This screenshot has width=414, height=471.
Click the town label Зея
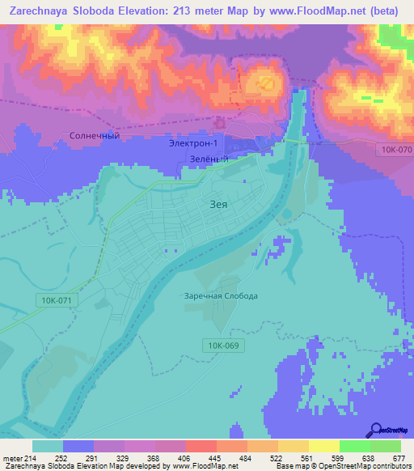click(x=218, y=205)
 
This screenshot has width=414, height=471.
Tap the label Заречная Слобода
click(x=221, y=295)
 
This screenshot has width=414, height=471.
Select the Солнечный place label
click(x=95, y=135)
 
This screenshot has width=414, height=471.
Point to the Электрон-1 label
click(x=199, y=144)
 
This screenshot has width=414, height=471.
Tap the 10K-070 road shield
click(x=394, y=150)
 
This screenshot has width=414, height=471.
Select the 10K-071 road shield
click(x=54, y=300)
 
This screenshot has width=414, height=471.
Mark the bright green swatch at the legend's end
click(x=386, y=446)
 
